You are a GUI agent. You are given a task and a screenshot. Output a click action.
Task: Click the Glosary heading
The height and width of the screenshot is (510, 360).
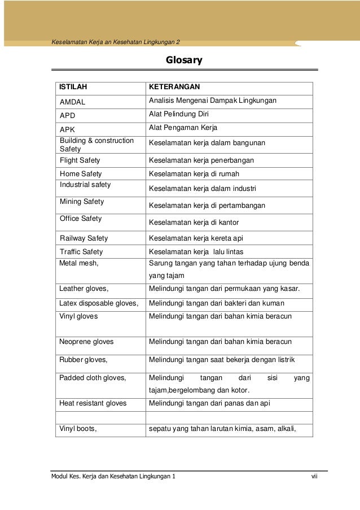[183, 60]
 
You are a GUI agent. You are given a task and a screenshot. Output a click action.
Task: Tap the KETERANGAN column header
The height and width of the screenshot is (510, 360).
[175, 88]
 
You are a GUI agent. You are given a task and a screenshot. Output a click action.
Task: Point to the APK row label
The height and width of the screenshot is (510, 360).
[68, 129]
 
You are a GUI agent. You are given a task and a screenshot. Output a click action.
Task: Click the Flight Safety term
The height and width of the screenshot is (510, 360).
[80, 160]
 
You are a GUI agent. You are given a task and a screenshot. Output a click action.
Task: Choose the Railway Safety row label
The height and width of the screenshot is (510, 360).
[84, 238]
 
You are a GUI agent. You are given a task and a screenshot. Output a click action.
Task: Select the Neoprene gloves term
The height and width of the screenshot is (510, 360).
[87, 342]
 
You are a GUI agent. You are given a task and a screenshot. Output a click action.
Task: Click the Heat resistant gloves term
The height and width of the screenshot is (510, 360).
[93, 403]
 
